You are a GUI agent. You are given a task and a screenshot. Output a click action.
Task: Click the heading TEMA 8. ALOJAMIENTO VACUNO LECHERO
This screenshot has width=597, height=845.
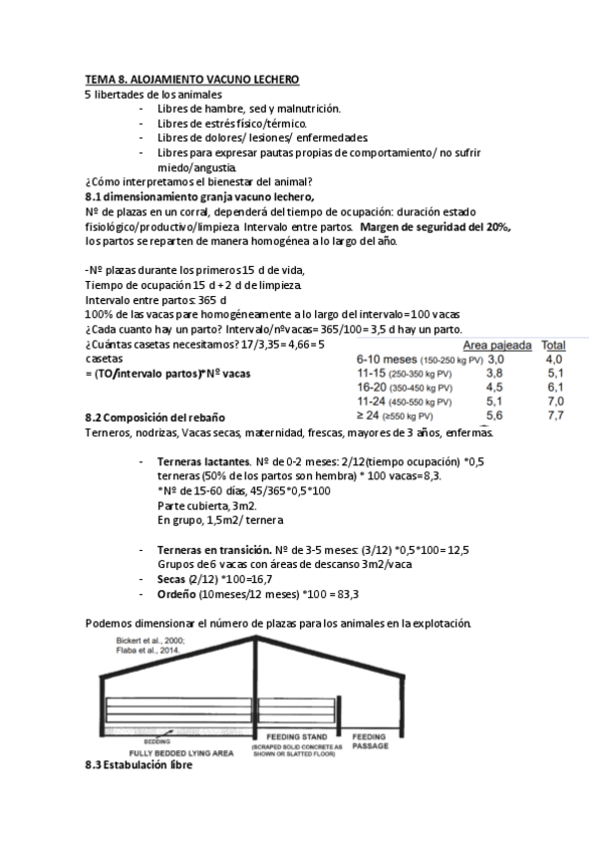191,79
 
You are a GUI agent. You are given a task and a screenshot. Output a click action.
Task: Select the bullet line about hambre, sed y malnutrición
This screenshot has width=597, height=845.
249,108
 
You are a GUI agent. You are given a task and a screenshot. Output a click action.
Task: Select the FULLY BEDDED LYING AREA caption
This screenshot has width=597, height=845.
164,753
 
